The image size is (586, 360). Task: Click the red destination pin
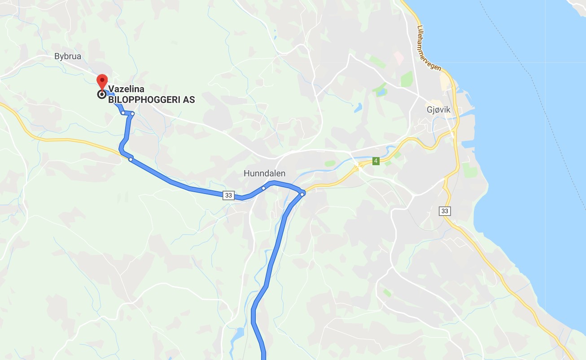point(102,82)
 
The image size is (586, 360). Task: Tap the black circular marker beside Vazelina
point(102,94)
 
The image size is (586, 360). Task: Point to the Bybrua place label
point(68,57)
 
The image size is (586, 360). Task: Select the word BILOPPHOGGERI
point(144,100)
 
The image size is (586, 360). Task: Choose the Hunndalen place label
point(264,173)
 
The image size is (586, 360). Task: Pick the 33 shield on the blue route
point(229,195)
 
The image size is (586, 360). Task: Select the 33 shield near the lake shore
point(445,211)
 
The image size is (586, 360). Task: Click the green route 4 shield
point(376,161)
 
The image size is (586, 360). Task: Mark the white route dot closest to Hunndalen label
point(264,188)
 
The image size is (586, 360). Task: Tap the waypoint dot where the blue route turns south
point(302,193)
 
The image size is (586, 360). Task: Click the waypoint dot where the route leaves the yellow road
point(131,159)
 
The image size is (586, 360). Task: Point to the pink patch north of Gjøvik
point(398,57)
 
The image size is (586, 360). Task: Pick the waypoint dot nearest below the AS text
point(132,113)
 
